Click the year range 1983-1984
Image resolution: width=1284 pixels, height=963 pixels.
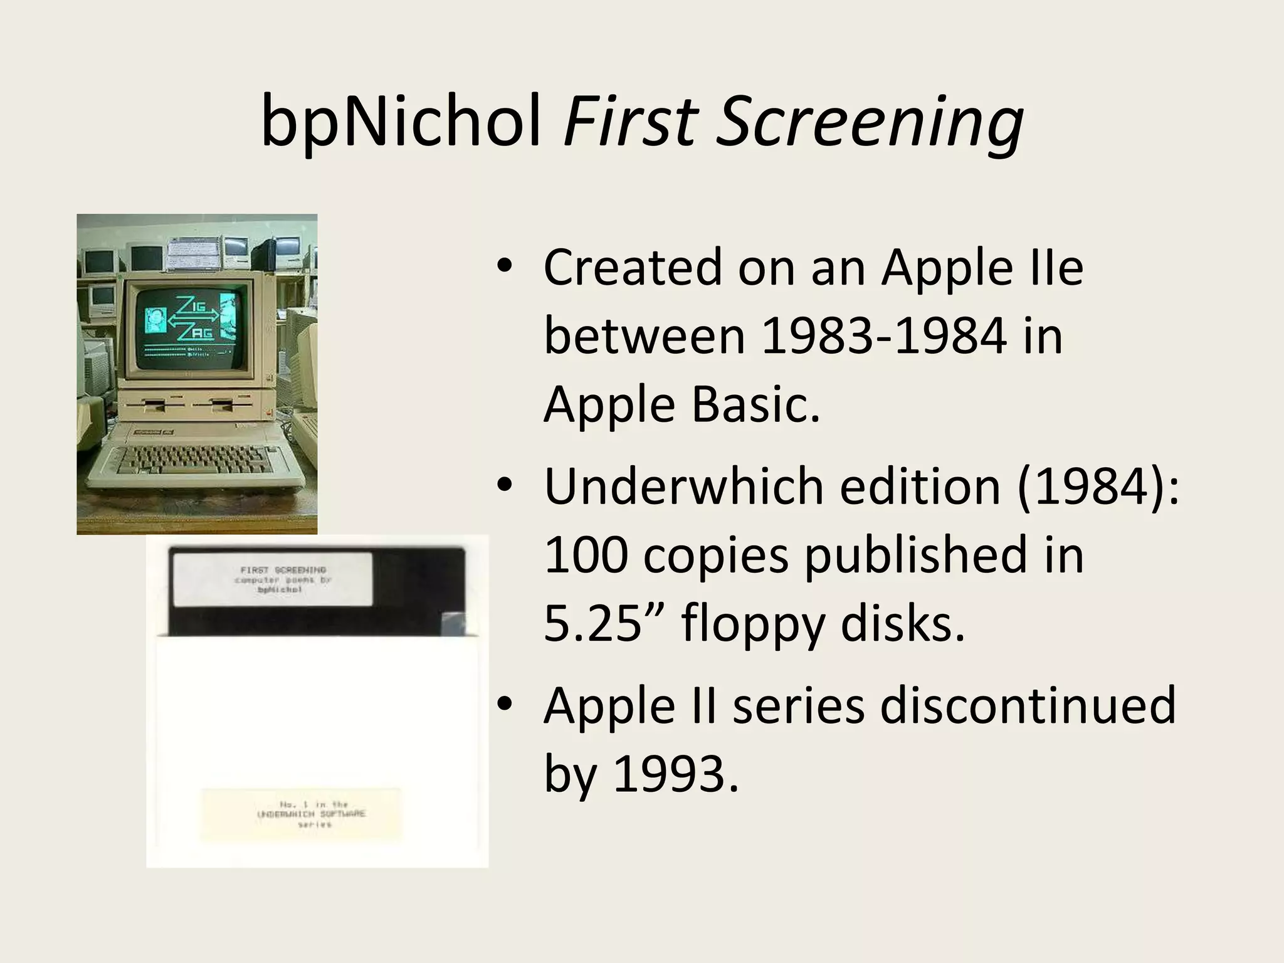click(883, 337)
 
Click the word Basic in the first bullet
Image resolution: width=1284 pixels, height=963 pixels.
click(755, 404)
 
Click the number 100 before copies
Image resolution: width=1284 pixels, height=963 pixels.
click(586, 555)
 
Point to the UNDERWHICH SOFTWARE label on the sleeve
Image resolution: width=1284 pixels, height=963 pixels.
click(301, 814)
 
